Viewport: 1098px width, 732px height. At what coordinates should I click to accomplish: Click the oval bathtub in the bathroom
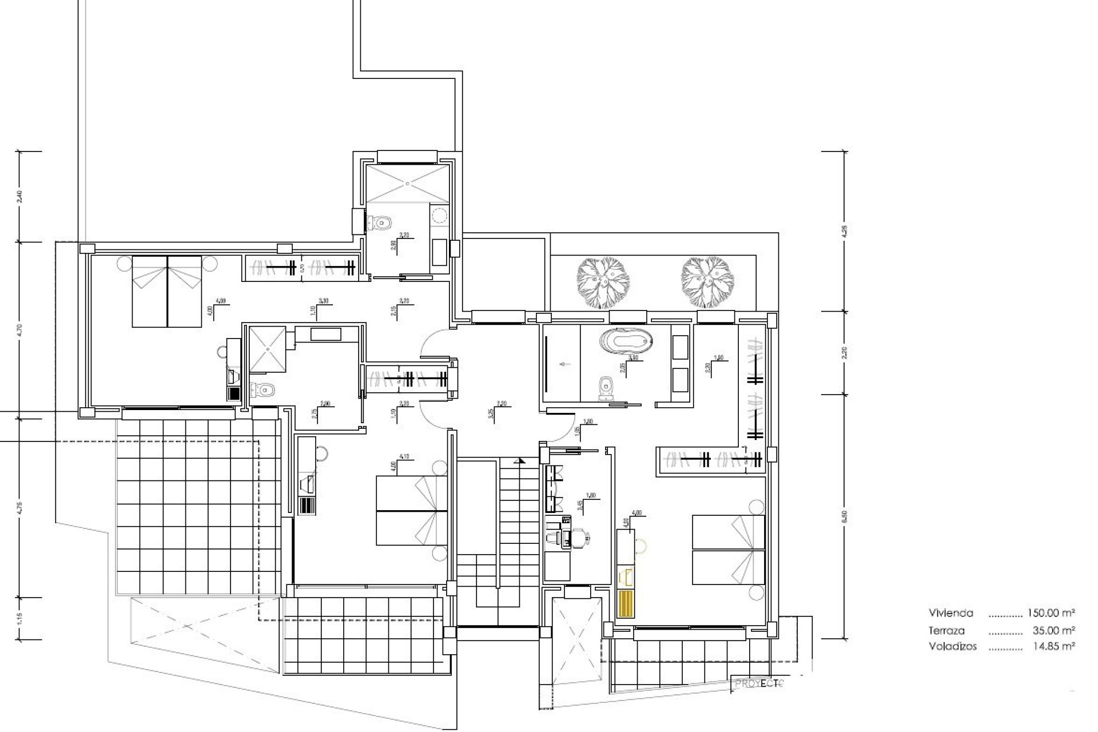point(626,343)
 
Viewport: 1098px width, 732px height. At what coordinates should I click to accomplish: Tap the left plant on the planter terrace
point(603,283)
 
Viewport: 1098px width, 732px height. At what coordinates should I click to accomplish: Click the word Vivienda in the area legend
point(951,613)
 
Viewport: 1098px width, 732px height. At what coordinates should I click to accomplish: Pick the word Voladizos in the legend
point(953,647)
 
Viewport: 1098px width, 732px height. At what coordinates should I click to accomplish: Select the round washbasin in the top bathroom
point(439,215)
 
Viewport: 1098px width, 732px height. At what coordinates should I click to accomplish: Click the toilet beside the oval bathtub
point(605,387)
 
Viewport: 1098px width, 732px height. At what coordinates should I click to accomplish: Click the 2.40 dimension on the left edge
point(20,197)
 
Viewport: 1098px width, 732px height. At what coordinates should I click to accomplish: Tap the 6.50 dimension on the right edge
point(844,516)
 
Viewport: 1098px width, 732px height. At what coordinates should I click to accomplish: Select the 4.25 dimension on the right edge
point(844,231)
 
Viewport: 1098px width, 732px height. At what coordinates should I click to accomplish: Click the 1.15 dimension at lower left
point(20,618)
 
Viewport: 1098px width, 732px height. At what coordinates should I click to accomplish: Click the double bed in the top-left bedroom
point(167,292)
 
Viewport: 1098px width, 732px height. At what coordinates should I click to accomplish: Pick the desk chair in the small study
point(582,537)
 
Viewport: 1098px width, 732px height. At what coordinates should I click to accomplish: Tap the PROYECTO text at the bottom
point(758,683)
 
